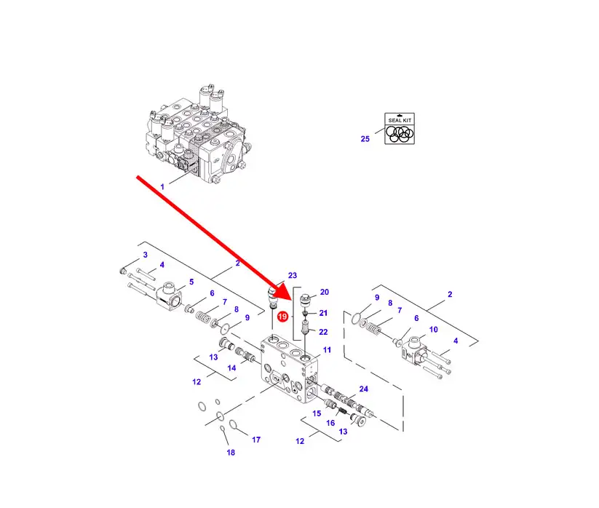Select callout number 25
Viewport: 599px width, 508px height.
tap(365, 138)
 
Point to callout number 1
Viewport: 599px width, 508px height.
tap(162, 187)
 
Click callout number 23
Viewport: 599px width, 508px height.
tap(293, 276)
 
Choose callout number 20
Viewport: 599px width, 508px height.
tap(325, 292)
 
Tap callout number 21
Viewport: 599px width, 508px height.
tap(324, 313)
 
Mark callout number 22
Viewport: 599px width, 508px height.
tap(323, 332)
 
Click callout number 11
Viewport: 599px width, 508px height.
tap(327, 350)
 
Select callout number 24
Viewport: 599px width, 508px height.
tap(363, 389)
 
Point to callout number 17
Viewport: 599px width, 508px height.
tap(255, 440)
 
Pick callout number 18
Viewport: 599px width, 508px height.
tap(231, 453)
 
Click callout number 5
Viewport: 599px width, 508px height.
tap(191, 282)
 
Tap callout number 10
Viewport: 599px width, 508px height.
tap(433, 330)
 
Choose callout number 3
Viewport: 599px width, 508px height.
tap(145, 255)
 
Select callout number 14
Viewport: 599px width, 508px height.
tap(231, 368)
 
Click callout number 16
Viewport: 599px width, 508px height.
tap(330, 423)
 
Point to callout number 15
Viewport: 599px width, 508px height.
tap(317, 413)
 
